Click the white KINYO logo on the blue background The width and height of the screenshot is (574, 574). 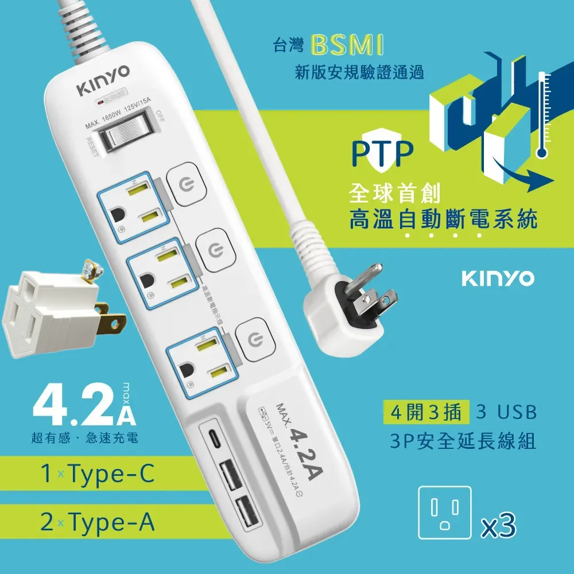(x=497, y=278)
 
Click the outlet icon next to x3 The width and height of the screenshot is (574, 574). (x=444, y=513)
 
